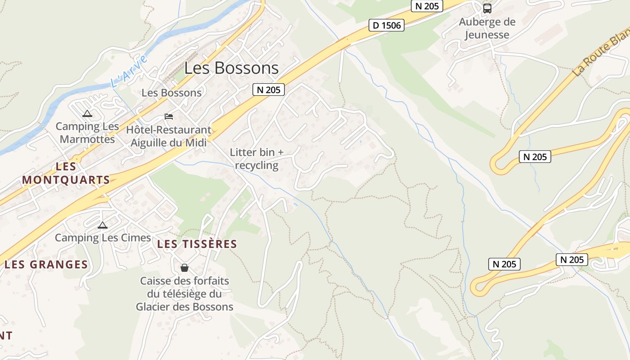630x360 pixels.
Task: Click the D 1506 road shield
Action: click(x=386, y=25)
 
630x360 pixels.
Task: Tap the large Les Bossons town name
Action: click(x=231, y=68)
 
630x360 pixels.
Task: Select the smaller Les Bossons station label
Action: click(x=171, y=93)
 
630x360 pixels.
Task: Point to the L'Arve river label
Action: click(x=129, y=71)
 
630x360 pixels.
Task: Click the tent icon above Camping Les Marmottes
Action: click(x=87, y=114)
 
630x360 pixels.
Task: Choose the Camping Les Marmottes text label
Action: click(x=87, y=133)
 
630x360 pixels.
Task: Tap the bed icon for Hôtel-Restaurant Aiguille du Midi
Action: click(x=169, y=117)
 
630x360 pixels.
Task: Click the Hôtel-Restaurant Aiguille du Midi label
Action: click(x=169, y=136)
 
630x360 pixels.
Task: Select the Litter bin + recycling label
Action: click(x=257, y=159)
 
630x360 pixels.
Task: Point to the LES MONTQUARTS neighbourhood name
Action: click(x=66, y=173)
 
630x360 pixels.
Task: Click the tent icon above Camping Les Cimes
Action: click(x=103, y=225)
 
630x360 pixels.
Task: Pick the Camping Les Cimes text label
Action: click(x=103, y=238)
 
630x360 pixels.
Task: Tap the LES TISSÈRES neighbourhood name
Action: click(x=197, y=244)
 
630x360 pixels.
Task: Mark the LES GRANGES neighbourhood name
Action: click(x=46, y=264)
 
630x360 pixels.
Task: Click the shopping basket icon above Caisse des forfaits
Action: click(x=184, y=268)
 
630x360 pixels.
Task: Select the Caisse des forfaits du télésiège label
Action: click(x=184, y=294)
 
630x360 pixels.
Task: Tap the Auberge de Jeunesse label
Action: click(x=487, y=28)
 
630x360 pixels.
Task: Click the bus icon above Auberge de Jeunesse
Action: click(x=487, y=8)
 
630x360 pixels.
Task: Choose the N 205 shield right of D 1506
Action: click(x=427, y=6)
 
